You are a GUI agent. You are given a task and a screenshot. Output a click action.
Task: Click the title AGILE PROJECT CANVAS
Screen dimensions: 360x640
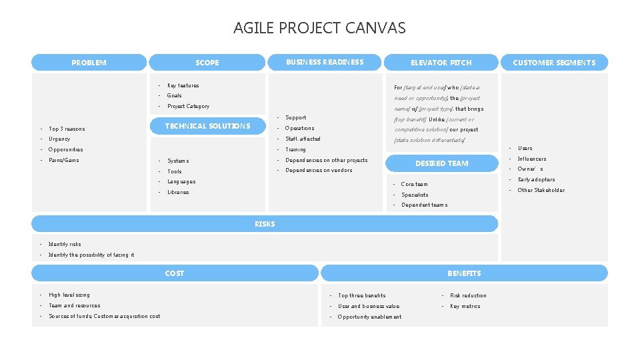click(319, 28)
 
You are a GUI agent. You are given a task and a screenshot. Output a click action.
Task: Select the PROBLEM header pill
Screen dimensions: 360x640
click(89, 63)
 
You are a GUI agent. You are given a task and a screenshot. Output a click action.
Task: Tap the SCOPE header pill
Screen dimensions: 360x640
click(207, 63)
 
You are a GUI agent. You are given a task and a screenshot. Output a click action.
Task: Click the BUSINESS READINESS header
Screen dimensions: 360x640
click(325, 62)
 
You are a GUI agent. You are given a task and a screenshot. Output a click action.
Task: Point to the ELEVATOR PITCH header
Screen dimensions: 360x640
click(441, 63)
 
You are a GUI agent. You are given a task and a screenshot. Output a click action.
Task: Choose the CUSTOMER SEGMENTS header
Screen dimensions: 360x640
click(554, 63)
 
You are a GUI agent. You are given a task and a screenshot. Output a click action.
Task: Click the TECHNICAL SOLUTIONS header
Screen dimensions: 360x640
click(207, 126)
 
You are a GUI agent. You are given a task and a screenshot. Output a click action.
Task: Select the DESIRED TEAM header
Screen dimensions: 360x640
click(441, 163)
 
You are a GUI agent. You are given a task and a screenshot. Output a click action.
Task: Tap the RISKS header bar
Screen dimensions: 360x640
click(265, 224)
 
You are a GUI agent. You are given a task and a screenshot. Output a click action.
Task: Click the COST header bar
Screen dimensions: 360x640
click(175, 273)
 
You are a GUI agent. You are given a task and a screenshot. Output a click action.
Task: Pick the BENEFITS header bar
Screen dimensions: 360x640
click(464, 273)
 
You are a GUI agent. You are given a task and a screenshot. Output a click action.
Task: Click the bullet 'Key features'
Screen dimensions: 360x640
click(183, 85)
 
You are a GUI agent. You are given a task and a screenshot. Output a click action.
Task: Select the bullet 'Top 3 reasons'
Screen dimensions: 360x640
click(67, 129)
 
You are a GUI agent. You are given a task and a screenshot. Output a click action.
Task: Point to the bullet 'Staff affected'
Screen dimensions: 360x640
click(303, 139)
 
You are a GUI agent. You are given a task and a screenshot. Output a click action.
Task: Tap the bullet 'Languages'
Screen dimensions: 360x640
click(181, 181)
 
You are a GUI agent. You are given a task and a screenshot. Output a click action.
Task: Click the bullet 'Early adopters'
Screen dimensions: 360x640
click(536, 179)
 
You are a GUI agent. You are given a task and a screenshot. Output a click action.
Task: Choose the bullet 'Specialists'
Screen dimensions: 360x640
click(415, 195)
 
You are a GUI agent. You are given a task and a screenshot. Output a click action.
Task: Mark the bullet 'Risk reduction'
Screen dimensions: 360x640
click(468, 295)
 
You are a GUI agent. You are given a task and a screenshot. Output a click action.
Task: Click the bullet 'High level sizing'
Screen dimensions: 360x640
click(69, 295)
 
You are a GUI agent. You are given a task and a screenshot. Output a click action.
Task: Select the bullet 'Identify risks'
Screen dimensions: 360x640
click(65, 245)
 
